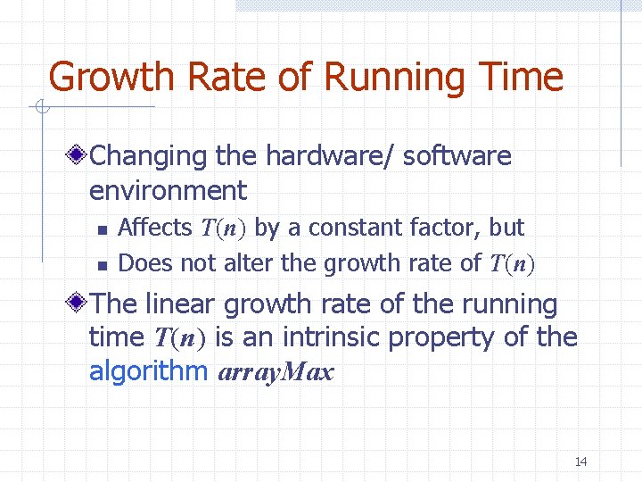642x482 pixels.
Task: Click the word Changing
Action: pos(149,156)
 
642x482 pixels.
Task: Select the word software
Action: pos(457,156)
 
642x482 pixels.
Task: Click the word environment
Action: pos(168,190)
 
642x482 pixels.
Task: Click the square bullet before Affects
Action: pos(103,229)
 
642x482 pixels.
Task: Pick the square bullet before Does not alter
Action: pos(103,264)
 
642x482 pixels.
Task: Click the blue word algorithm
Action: pos(148,372)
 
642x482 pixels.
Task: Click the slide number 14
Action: pos(580,461)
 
